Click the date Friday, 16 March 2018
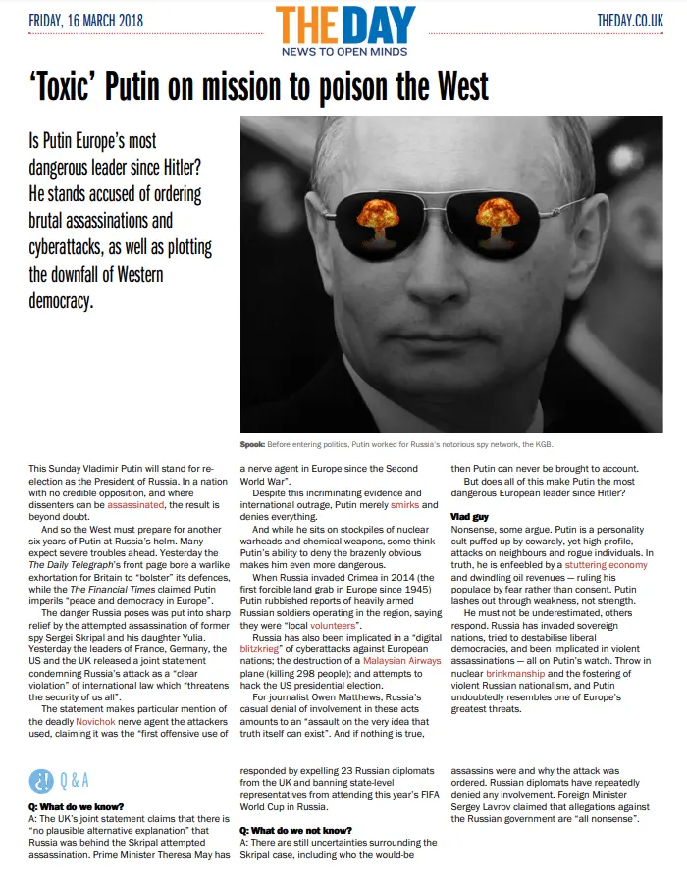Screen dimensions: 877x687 click(x=86, y=20)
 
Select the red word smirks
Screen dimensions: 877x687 click(x=403, y=505)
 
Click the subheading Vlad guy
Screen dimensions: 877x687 click(x=469, y=516)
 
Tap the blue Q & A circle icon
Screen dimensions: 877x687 click(x=41, y=780)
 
